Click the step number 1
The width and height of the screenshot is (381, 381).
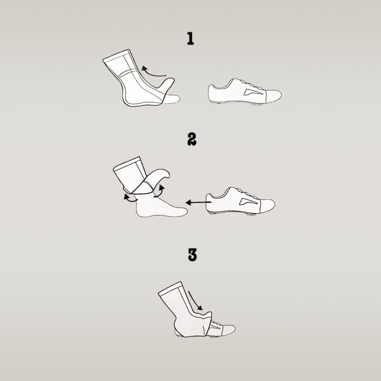[190, 39]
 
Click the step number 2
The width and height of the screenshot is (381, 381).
[192, 139]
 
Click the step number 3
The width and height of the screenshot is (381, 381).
[192, 255]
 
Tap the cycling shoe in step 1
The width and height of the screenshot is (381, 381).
[245, 91]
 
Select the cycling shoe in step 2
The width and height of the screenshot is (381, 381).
[241, 201]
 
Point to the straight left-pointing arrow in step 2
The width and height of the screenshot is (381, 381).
[198, 202]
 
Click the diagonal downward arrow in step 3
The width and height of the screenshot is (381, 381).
[195, 301]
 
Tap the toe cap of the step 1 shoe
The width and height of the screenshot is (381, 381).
[274, 95]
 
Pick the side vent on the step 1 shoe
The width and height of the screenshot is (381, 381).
[253, 92]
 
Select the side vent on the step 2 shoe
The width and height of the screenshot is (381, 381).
[248, 201]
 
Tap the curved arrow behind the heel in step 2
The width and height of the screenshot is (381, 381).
[130, 198]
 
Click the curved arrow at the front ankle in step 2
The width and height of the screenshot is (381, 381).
[159, 191]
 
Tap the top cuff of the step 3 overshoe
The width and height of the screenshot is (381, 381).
[170, 288]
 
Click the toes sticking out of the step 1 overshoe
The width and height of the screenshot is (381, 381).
[172, 99]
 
